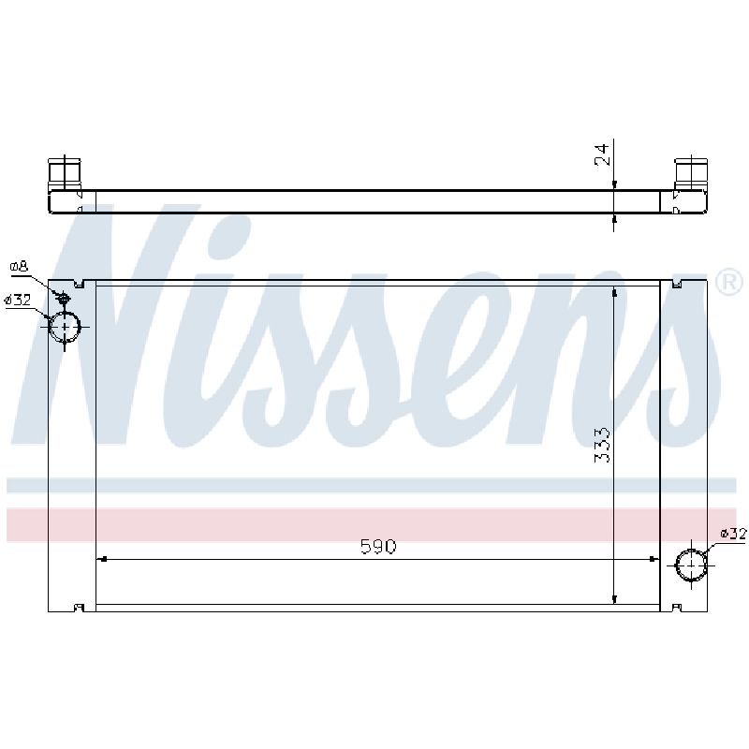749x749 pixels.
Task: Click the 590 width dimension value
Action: tap(378, 547)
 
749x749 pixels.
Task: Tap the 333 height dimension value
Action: tap(602, 445)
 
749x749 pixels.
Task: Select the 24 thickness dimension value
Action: tap(602, 154)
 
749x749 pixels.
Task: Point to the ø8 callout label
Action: tap(19, 267)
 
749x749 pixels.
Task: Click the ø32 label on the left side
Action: tap(17, 300)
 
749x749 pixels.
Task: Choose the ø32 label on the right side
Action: tap(733, 533)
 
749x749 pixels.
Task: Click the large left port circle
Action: tap(65, 327)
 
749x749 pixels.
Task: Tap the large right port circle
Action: tap(691, 565)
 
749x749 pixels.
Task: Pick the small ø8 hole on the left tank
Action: tap(64, 299)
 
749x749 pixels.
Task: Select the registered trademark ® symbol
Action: tap(729, 283)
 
